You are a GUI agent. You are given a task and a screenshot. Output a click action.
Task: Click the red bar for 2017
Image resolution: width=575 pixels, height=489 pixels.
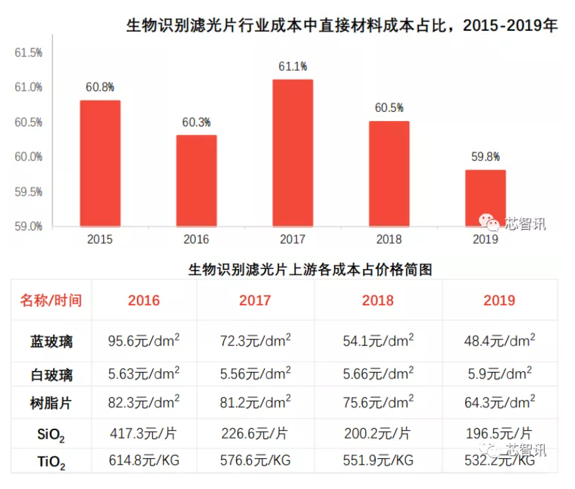(292, 153)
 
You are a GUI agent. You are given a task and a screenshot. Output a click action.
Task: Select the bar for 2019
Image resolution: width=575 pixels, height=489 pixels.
(485, 198)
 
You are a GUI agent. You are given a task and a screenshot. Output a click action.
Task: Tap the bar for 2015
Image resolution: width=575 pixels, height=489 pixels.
(100, 164)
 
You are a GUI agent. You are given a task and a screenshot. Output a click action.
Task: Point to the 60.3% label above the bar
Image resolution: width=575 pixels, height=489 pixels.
(196, 122)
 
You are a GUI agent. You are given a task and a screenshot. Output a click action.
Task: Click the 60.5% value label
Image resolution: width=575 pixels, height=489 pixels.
(389, 108)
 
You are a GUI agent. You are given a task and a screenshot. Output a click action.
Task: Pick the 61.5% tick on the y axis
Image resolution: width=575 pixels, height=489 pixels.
(29, 52)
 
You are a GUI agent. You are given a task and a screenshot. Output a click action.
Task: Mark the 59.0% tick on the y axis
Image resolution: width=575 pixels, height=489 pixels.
(29, 226)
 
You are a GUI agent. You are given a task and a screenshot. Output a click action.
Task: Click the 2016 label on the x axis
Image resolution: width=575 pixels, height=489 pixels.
(196, 240)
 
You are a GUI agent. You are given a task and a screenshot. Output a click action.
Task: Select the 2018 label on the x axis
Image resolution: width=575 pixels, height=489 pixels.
(389, 240)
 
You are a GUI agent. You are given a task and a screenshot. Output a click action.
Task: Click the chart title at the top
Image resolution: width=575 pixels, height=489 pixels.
(341, 26)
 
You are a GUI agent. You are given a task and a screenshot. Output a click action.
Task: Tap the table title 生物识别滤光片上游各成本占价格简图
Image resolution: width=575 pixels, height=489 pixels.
(310, 269)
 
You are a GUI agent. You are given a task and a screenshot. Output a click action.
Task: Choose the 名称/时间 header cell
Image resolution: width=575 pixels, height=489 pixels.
(51, 300)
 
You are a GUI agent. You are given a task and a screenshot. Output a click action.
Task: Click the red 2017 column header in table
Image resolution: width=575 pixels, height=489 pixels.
(255, 300)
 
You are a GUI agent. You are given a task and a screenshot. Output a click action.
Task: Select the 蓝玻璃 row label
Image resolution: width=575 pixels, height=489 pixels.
(51, 342)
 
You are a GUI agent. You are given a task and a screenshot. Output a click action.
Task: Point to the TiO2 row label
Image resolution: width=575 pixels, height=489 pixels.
(51, 462)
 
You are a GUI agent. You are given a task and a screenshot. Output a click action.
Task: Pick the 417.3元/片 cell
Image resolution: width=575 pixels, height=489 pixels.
(143, 433)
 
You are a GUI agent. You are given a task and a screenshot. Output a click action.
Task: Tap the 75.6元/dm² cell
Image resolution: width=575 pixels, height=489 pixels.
(379, 401)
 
